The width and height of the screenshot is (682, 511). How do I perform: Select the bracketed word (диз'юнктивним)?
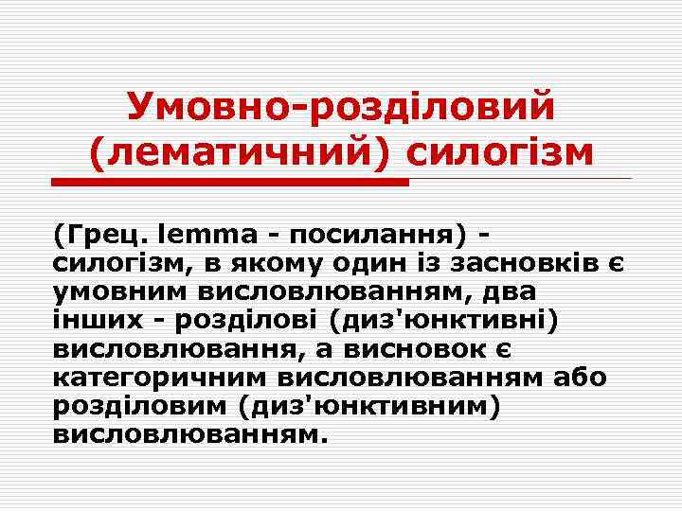(370, 406)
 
